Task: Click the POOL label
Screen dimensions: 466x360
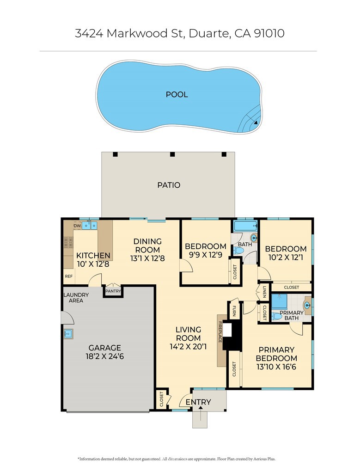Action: pos(177,94)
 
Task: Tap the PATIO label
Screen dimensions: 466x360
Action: pos(169,185)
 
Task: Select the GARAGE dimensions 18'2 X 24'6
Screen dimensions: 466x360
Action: pos(105,357)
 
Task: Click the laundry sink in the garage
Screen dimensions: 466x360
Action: pos(67,333)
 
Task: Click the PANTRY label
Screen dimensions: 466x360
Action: pos(113,291)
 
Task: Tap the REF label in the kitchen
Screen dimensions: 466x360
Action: pos(68,276)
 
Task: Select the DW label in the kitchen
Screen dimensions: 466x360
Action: pos(77,226)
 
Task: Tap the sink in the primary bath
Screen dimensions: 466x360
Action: pos(307,305)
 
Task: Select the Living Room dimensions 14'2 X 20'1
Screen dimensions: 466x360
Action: pos(188,344)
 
